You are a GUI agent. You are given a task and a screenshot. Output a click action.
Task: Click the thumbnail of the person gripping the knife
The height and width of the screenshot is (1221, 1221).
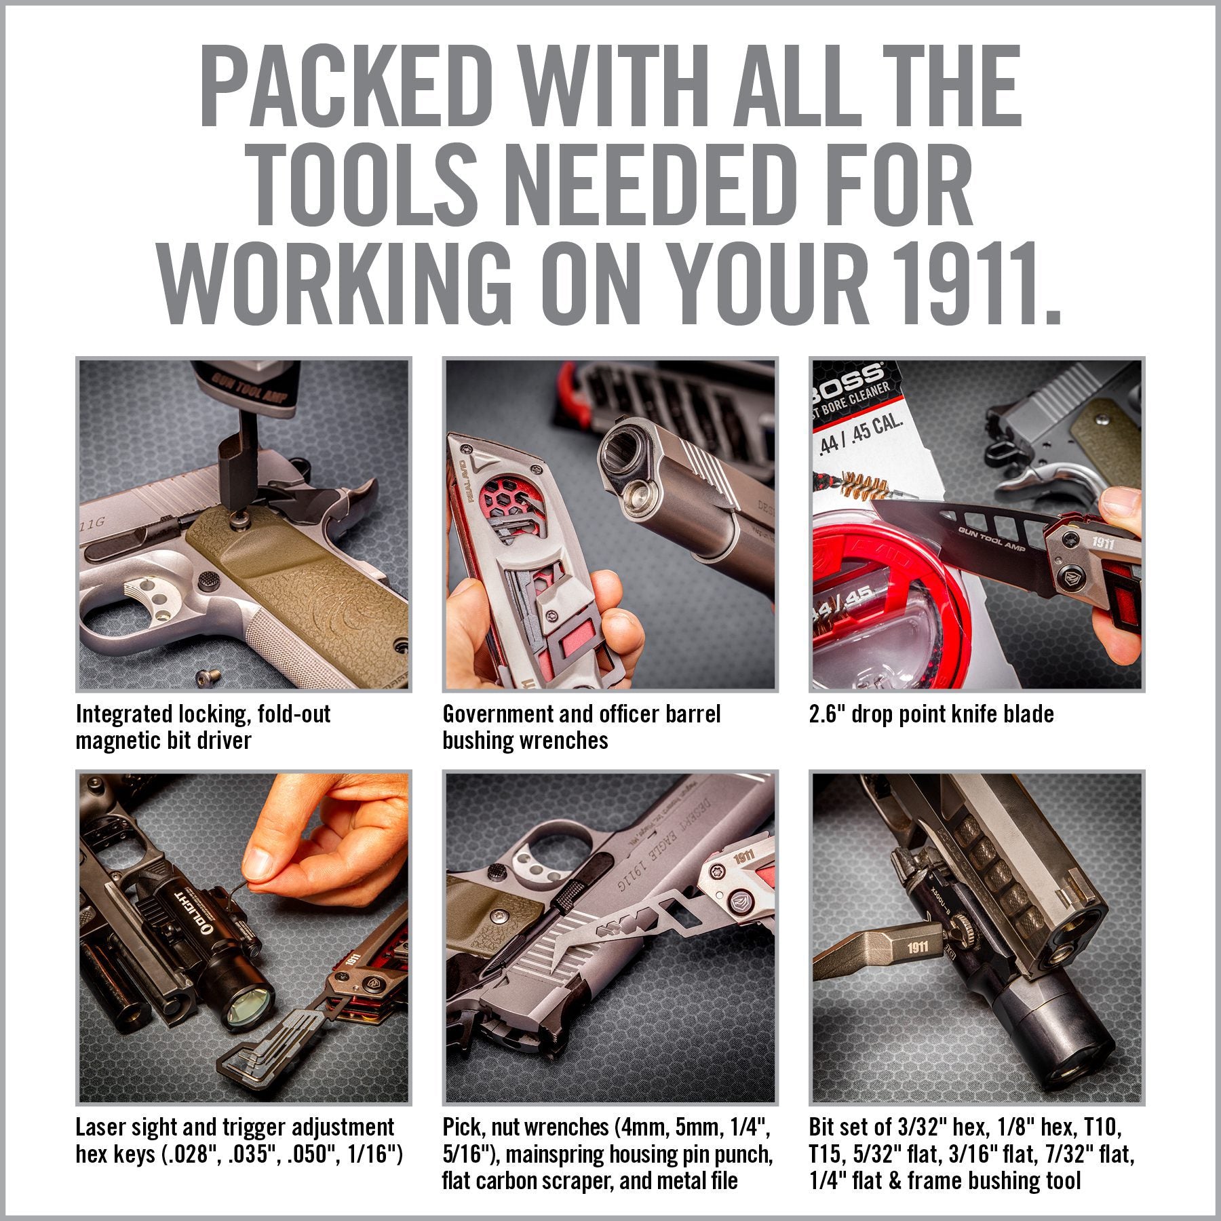coord(977,524)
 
